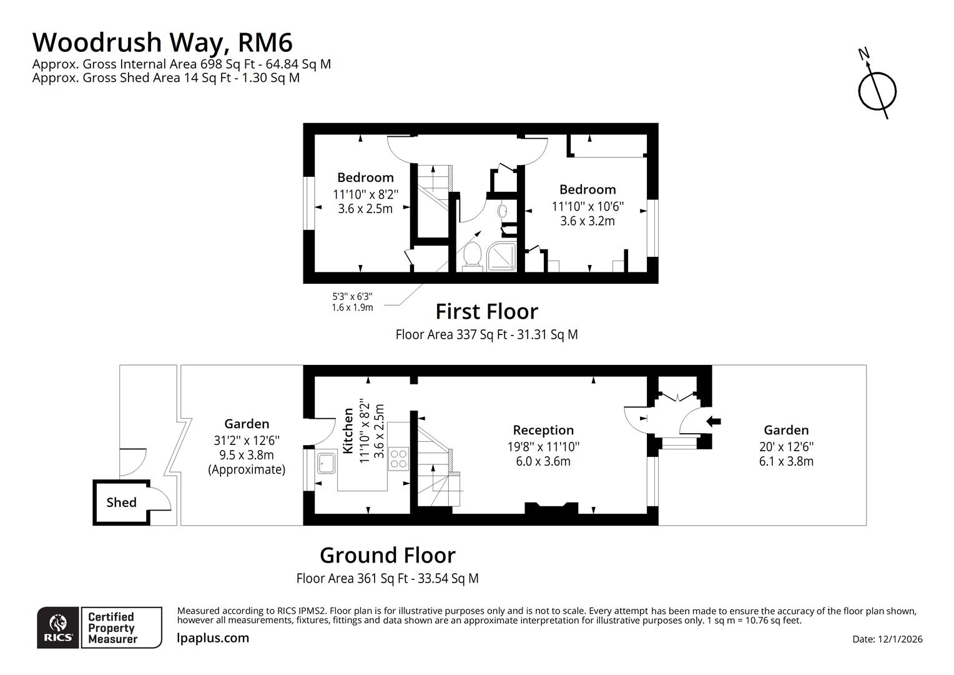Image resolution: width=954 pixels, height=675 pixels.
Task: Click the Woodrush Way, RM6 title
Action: (162, 42)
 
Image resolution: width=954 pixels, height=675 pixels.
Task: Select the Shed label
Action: (121, 502)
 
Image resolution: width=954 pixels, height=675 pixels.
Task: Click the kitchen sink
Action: (326, 463)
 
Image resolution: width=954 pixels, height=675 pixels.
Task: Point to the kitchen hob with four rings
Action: (398, 459)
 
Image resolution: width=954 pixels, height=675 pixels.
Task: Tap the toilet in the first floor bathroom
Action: (473, 257)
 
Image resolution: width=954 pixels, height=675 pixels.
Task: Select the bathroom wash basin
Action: (503, 211)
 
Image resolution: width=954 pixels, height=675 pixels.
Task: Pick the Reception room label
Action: (543, 430)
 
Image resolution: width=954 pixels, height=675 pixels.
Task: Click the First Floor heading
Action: (486, 311)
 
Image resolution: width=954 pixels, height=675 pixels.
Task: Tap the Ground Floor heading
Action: (387, 555)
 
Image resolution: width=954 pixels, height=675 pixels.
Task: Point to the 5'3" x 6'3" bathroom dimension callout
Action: (352, 302)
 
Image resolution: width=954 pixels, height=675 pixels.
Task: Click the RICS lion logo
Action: (58, 627)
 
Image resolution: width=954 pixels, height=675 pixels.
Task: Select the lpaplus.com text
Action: (213, 638)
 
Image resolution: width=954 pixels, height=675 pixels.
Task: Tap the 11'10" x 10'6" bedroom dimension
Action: (587, 206)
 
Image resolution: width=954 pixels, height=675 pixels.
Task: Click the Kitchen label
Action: (348, 431)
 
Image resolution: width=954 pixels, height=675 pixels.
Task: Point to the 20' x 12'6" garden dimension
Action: (786, 446)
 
